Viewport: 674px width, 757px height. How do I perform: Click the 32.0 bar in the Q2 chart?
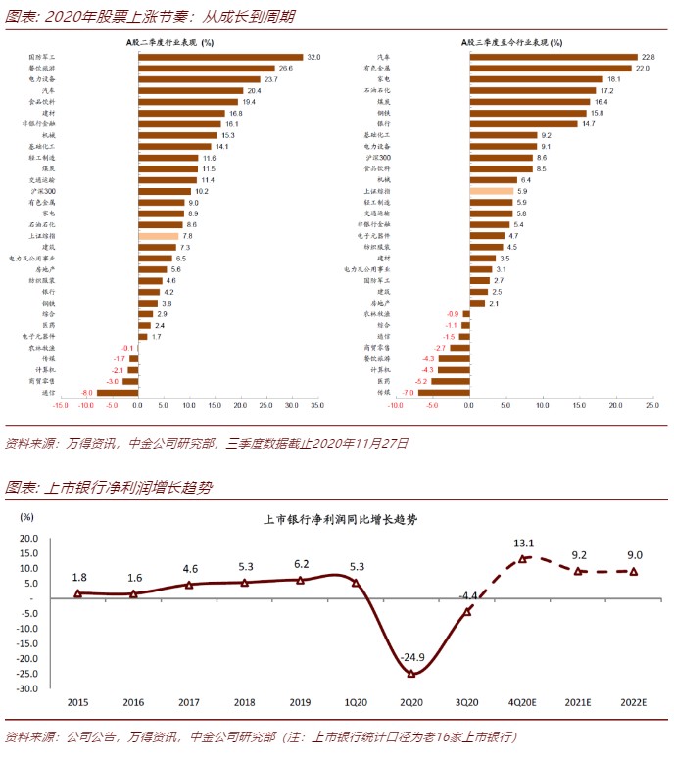(220, 58)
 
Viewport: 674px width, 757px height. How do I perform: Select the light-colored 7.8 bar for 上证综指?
(158, 236)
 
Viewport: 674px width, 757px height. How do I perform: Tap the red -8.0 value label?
(86, 392)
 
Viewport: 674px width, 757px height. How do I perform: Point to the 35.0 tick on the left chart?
(316, 405)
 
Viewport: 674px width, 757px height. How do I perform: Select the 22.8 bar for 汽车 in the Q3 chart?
(554, 58)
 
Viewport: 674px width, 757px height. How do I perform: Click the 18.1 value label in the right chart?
(614, 79)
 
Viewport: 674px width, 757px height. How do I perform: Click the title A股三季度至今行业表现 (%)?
(511, 42)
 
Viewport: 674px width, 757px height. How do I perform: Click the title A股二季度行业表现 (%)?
(171, 42)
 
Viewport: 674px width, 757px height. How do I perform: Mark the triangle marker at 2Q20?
(411, 674)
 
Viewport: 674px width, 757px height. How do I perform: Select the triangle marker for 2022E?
(634, 572)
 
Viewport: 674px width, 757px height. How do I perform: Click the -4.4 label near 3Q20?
(468, 594)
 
